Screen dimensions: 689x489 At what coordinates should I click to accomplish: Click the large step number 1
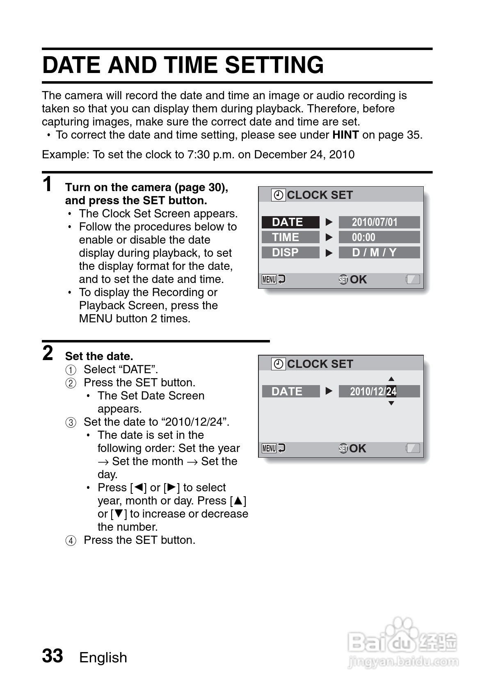48,184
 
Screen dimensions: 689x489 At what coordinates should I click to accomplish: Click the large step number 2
48,353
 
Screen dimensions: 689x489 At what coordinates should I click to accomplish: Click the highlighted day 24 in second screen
391,391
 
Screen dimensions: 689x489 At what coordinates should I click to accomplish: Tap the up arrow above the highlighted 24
391,379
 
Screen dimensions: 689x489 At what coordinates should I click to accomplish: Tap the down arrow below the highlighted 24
391,403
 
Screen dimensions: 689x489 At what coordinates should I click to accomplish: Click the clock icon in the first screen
278,195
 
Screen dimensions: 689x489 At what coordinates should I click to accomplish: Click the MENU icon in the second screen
269,448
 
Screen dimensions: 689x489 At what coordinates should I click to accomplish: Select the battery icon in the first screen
413,279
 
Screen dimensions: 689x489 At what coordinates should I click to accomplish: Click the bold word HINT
345,135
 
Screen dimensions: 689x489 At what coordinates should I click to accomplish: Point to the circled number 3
71,422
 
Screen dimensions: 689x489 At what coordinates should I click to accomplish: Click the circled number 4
71,541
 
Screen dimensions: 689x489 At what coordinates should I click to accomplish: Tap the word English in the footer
103,657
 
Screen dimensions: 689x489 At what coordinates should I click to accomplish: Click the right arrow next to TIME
329,237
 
